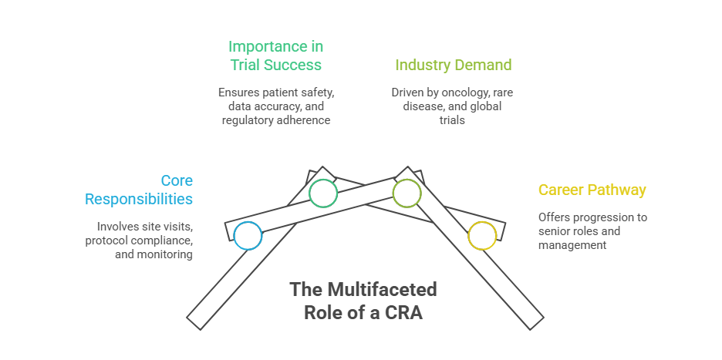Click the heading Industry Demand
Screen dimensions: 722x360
tap(454, 65)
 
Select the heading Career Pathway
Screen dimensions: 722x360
tap(592, 190)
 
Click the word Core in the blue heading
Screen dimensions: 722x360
tap(177, 180)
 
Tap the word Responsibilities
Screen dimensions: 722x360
tap(139, 200)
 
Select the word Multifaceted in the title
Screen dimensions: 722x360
tap(382, 290)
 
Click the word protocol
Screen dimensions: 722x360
tap(106, 241)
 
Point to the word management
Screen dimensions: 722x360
tap(572, 245)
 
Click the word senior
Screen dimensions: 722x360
tap(554, 231)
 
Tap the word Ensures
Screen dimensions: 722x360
tap(238, 93)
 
